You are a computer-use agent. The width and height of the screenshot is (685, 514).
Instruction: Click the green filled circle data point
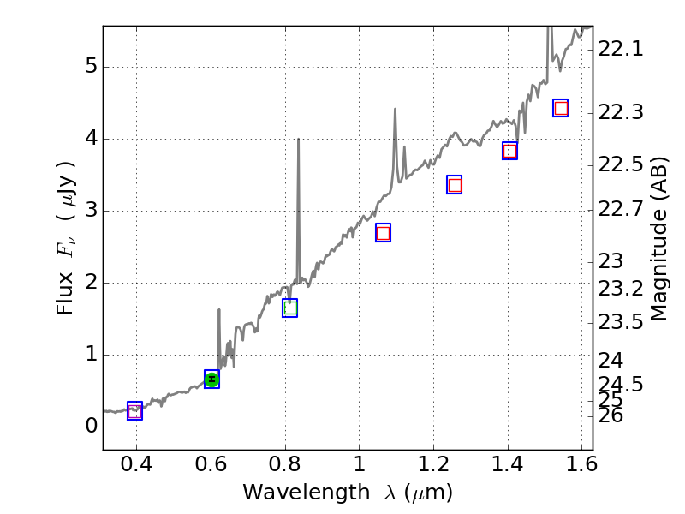(211, 380)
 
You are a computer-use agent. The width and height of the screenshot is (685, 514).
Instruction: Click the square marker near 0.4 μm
(134, 411)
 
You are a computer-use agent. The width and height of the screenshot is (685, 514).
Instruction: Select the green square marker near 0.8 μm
(290, 308)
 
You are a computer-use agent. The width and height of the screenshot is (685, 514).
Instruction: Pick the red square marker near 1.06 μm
(383, 233)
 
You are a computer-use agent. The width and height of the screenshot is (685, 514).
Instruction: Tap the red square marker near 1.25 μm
(455, 185)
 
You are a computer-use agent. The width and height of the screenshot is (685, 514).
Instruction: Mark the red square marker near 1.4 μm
(509, 152)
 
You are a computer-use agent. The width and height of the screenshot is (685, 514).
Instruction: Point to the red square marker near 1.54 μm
(561, 108)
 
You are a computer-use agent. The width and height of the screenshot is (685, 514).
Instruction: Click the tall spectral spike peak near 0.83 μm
(298, 140)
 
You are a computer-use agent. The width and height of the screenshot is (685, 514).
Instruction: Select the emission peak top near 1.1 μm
(395, 109)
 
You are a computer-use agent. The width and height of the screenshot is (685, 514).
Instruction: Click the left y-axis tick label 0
(90, 427)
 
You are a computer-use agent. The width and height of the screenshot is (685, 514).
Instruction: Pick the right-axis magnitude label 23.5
(620, 322)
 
